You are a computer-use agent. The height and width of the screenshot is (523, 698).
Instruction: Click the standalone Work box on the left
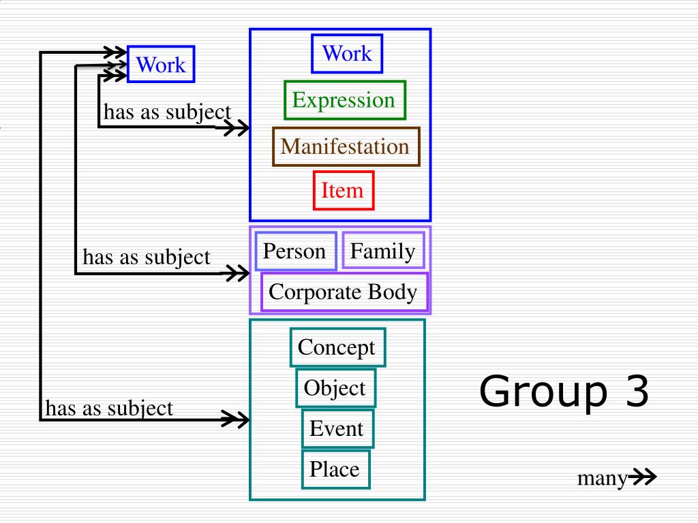pyautogui.click(x=161, y=65)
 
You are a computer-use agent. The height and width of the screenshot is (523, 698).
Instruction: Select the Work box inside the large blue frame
pyautogui.click(x=347, y=53)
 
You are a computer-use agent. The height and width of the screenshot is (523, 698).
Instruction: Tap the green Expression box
pyautogui.click(x=344, y=100)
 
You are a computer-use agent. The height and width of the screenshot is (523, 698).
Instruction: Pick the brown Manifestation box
pyautogui.click(x=346, y=146)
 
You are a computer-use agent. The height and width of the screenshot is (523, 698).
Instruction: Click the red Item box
pyautogui.click(x=344, y=190)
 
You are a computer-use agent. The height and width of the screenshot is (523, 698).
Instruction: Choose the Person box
pyautogui.click(x=295, y=251)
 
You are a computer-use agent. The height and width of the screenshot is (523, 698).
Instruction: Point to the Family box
pyautogui.click(x=383, y=251)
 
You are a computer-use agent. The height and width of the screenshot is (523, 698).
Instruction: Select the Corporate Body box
pyautogui.click(x=344, y=292)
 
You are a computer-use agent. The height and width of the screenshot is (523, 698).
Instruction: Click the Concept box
pyautogui.click(x=337, y=347)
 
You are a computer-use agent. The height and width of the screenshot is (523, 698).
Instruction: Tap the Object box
pyautogui.click(x=335, y=388)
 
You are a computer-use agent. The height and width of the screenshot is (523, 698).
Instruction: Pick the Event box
pyautogui.click(x=337, y=429)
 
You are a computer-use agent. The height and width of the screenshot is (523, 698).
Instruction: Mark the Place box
pyautogui.click(x=335, y=469)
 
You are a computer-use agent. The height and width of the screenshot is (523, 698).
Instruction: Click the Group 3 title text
pyautogui.click(x=564, y=393)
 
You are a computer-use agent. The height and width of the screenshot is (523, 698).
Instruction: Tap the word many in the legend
pyautogui.click(x=602, y=479)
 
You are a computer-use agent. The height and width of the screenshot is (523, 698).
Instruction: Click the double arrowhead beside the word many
pyautogui.click(x=642, y=479)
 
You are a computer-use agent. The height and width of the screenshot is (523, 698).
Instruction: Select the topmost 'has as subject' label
pyautogui.click(x=167, y=112)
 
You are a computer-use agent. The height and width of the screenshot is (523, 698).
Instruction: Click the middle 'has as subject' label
pyautogui.click(x=147, y=257)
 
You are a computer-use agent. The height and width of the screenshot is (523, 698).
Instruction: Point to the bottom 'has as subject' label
pyautogui.click(x=109, y=409)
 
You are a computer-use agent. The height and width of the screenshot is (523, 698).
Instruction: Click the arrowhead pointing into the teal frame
pyautogui.click(x=237, y=419)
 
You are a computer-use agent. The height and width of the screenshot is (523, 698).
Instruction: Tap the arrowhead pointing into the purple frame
pyautogui.click(x=237, y=274)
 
